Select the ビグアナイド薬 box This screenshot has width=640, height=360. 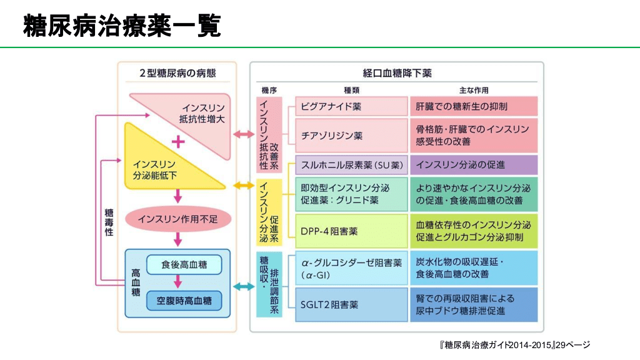click(351, 106)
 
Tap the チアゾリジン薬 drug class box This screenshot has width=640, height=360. click(351, 135)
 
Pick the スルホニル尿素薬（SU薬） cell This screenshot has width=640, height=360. click(351, 165)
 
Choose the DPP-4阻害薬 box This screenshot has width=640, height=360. click(351, 231)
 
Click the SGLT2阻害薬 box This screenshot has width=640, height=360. click(351, 305)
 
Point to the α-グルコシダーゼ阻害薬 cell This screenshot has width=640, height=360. click(351, 267)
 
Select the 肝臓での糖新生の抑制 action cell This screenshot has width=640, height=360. click(473, 106)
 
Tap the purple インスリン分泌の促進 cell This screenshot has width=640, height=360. click(473, 165)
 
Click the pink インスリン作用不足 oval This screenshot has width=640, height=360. click(178, 219)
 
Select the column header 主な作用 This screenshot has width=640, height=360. click(473, 89)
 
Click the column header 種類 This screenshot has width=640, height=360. click(351, 89)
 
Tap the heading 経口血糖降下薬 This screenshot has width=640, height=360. click(397, 72)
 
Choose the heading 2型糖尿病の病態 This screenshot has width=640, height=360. click(178, 72)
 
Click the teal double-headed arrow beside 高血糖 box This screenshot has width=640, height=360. click(243, 287)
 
